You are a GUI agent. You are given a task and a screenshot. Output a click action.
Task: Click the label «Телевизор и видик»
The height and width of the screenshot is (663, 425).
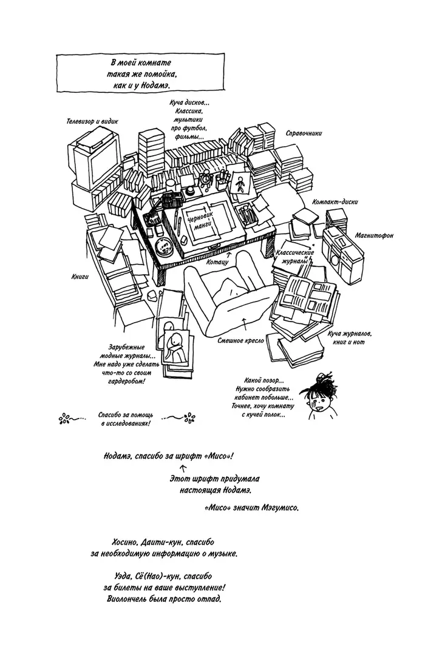pos(92,121)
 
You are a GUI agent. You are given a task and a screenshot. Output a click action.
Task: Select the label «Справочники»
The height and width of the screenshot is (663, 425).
pos(304,133)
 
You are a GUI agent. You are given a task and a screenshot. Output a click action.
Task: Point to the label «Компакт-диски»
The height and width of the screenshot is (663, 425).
pos(335,202)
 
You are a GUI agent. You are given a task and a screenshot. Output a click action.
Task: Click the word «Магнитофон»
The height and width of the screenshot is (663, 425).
pos(374,235)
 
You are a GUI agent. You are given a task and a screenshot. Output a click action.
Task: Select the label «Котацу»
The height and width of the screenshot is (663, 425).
pos(217,261)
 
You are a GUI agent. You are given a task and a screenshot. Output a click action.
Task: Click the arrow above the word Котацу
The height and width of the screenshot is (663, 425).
pos(229,254)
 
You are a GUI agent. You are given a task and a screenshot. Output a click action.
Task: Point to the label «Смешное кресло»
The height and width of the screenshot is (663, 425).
pos(240,340)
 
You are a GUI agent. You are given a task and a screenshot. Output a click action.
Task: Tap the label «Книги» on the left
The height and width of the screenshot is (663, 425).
pos(80,277)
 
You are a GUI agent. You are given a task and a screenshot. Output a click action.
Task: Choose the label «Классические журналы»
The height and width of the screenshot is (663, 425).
pos(295,257)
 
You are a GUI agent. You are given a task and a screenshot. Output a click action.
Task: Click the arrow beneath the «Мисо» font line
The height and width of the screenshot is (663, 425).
pos(184,468)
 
